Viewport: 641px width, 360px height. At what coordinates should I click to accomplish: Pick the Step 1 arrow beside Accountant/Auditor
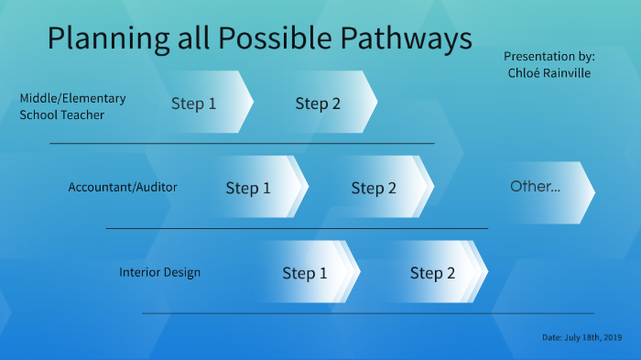coord(249,188)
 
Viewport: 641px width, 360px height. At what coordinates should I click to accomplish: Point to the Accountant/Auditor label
coord(123,187)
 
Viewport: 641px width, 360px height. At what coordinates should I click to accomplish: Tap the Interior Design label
coord(159,272)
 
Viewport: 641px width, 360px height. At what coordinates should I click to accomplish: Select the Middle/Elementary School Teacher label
coord(73,106)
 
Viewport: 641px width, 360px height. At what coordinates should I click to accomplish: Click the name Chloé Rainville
coord(548,73)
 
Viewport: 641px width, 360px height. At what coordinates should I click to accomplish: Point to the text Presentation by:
coord(549,56)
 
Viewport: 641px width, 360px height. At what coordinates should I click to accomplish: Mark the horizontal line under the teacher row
coord(242,144)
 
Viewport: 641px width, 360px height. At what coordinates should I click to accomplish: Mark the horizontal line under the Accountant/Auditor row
coord(297,228)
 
